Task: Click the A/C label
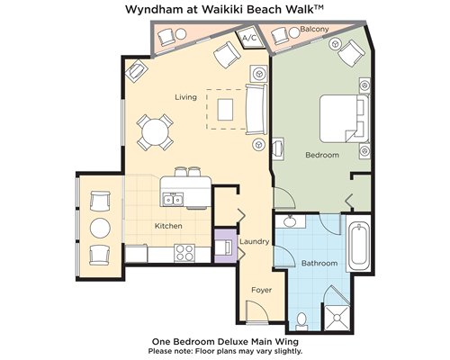pos(249,38)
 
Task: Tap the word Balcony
pos(314,29)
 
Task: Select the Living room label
pos(186,97)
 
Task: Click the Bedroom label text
pos(322,155)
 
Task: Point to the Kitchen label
pos(168,226)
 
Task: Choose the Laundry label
pos(254,241)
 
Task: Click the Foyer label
pos(262,290)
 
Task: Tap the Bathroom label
pos(319,263)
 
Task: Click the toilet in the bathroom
pos(301,320)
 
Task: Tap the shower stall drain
pos(337,318)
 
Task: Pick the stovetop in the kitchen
pos(184,253)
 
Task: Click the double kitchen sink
pos(173,200)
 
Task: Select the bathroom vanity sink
pos(290,221)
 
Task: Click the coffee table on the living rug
pos(225,110)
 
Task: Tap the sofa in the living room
pos(256,110)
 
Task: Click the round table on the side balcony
pos(100,228)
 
